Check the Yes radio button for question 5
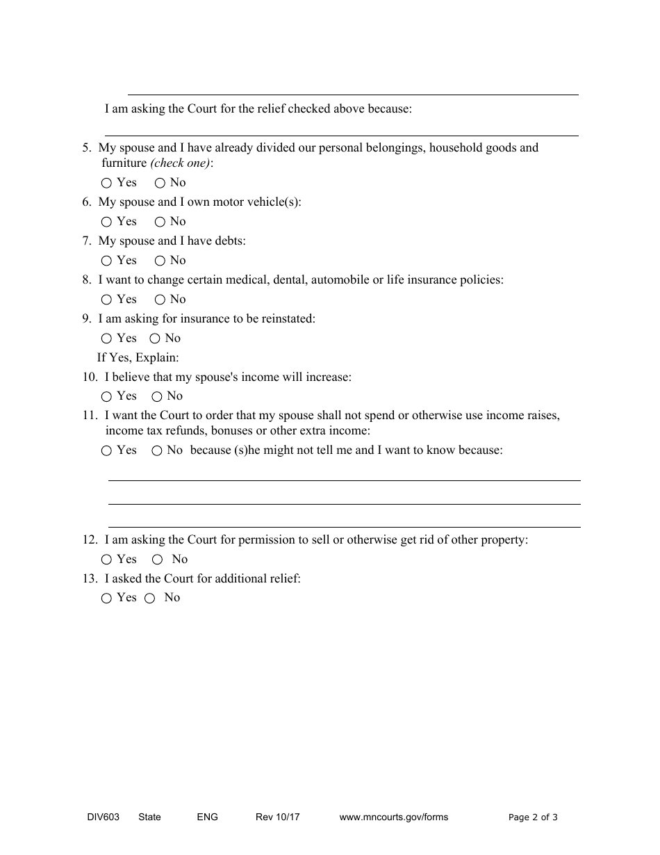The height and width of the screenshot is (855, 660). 106,184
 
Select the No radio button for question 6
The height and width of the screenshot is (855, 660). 160,222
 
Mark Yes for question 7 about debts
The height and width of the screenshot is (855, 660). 106,261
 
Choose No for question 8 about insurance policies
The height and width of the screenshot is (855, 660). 160,300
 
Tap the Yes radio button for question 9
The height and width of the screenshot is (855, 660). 106,339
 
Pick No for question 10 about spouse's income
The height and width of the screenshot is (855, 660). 157,397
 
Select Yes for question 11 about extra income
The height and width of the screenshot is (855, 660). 106,451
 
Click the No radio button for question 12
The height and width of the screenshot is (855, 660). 158,560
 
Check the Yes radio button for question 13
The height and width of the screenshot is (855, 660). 106,598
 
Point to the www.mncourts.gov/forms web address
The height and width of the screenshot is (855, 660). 393,817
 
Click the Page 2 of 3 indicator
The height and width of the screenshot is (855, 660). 533,817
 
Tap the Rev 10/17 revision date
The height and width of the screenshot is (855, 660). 277,817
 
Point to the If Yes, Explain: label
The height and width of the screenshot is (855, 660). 138,358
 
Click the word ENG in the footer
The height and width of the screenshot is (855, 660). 207,817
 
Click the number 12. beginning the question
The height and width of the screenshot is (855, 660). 90,539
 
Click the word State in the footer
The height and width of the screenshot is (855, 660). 149,817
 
